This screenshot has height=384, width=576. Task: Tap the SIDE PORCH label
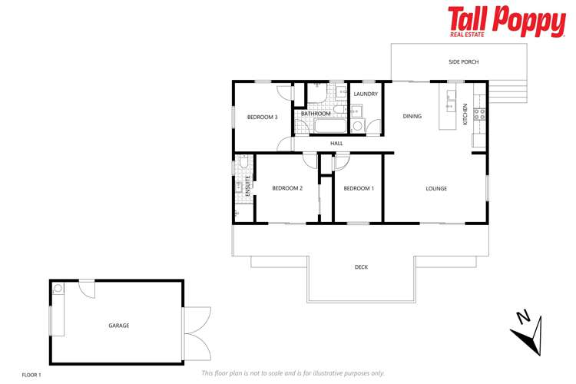464,61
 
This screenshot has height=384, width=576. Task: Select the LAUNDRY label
366,94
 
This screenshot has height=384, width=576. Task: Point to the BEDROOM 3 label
262,117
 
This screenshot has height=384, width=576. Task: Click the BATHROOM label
316,114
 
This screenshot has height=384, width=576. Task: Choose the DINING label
412,117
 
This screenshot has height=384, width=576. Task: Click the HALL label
336,144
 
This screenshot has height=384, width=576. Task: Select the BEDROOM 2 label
288,188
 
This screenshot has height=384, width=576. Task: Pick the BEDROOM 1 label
359,188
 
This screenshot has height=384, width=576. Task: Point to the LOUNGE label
437,188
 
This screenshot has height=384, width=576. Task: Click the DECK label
361,267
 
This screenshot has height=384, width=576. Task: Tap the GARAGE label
118,326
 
